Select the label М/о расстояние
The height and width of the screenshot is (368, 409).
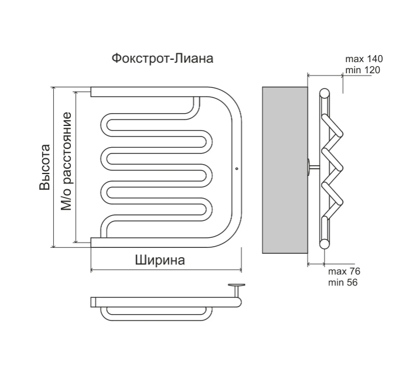click(66, 161)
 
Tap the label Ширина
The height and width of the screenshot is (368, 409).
click(159, 261)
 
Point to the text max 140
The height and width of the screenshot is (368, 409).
click(363, 60)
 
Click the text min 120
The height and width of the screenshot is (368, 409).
click(363, 70)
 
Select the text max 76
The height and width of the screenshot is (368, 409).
click(344, 272)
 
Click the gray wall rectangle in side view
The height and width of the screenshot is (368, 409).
click(284, 170)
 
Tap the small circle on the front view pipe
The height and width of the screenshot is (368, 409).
click(236, 168)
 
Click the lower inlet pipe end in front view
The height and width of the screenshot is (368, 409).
click(94, 241)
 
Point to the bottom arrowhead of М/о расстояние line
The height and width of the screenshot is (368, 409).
click(75, 240)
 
